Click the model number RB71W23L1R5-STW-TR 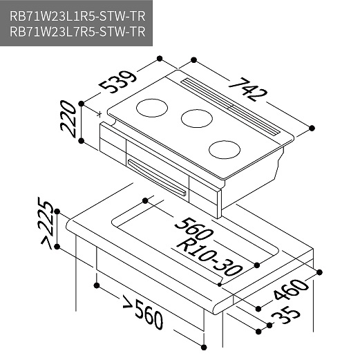(x=77, y=16)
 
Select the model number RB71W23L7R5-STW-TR (x=77, y=31)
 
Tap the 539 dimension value (x=118, y=82)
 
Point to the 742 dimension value (x=247, y=89)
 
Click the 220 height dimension (x=68, y=119)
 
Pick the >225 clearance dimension (x=47, y=222)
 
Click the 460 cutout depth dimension (x=291, y=290)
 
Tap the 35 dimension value (x=286, y=314)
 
